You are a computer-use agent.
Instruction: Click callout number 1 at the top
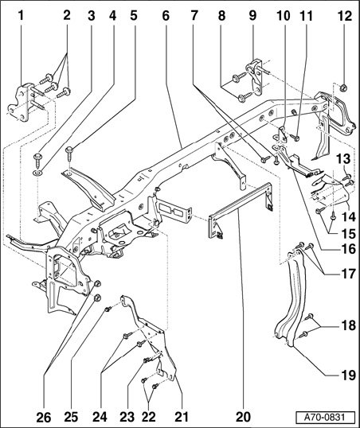pyautogui.click(x=21, y=16)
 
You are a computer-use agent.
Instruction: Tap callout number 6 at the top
pyautogui.click(x=166, y=16)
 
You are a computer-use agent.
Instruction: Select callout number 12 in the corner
pyautogui.click(x=345, y=16)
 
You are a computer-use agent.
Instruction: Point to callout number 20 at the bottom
pyautogui.click(x=243, y=417)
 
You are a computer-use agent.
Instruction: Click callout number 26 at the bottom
pyautogui.click(x=44, y=417)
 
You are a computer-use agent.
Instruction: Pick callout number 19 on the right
pyautogui.click(x=349, y=375)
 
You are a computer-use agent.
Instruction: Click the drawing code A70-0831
pyautogui.click(x=325, y=418)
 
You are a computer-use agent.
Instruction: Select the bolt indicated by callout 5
pyautogui.click(x=70, y=156)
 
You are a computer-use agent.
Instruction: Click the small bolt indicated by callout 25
pyautogui.click(x=108, y=309)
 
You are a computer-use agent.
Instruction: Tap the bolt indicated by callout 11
pyautogui.click(x=295, y=138)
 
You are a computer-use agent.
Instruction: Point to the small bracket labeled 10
pyautogui.click(x=283, y=134)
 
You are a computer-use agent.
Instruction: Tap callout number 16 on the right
pyautogui.click(x=349, y=249)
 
